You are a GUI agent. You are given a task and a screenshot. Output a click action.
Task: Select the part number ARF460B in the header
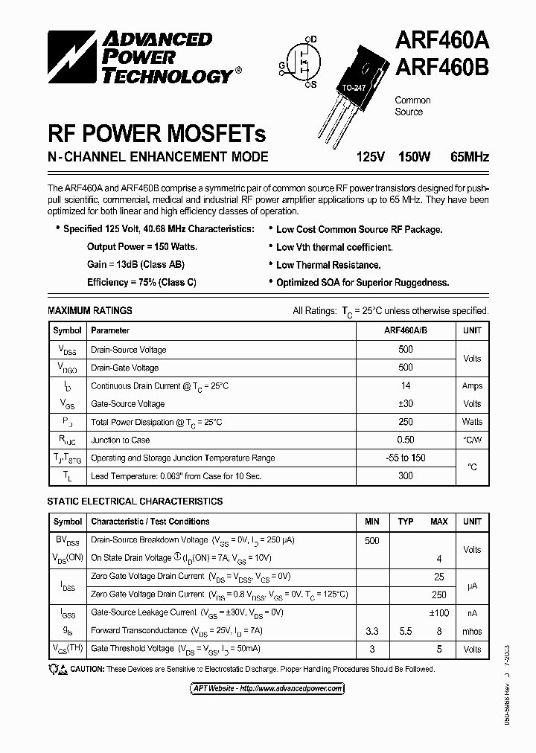coord(441,68)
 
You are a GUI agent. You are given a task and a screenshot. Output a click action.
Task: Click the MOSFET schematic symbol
coord(301,63)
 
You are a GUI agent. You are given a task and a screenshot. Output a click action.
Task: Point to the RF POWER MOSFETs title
coord(156,134)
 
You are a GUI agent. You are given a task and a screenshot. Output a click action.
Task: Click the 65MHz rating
coord(470,157)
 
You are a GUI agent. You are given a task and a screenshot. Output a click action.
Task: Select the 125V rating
coord(371,157)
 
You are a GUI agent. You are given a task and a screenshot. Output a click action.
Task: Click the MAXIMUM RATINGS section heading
coord(90,310)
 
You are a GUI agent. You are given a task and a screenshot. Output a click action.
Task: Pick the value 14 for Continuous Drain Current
coord(406,385)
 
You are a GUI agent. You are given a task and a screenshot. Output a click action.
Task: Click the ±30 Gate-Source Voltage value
coord(406,403)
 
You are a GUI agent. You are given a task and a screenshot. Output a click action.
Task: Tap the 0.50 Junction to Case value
coord(406,440)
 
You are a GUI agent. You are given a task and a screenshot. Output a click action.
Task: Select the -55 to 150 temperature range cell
coord(406,458)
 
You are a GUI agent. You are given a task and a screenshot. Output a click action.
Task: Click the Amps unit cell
coord(472,385)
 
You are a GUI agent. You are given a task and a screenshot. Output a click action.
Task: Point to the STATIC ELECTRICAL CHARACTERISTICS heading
coord(135,502)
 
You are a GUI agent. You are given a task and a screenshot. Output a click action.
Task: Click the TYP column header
coord(406,522)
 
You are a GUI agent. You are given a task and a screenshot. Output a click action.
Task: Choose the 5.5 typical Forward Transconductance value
coord(406,631)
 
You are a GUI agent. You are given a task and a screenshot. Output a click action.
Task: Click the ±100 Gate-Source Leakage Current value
coord(438,612)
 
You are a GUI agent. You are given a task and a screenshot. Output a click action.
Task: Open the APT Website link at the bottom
coord(267,689)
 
